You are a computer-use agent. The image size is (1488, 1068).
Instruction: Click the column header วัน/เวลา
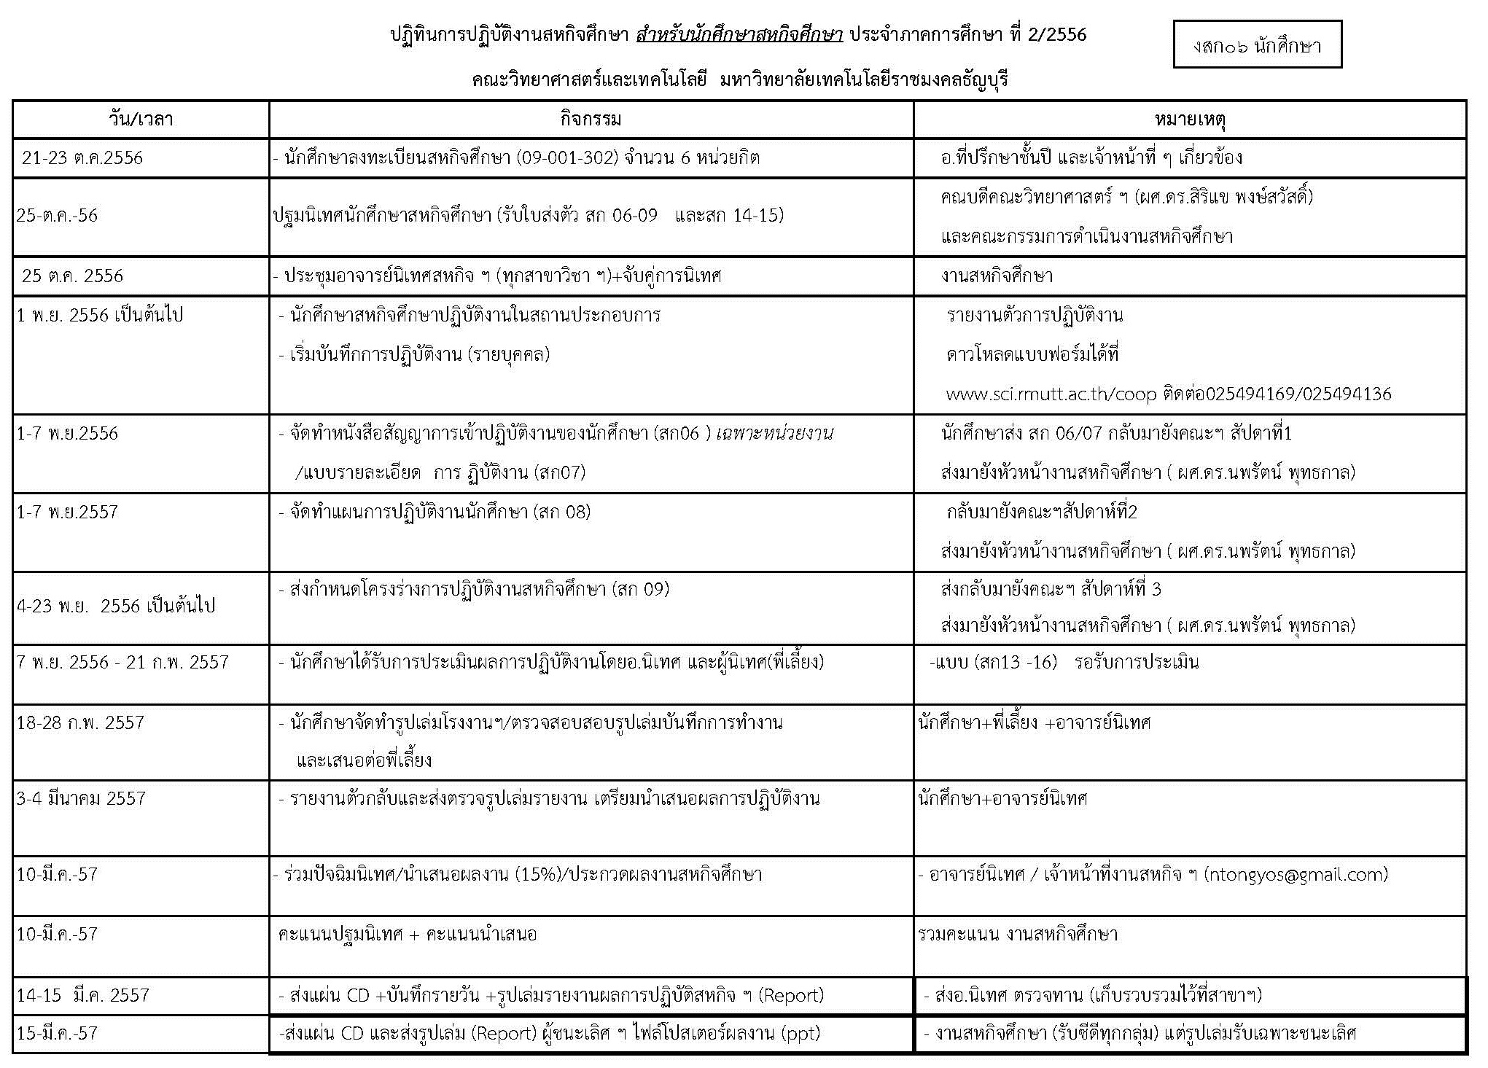(141, 119)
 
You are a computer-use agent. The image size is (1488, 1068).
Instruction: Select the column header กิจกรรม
(591, 119)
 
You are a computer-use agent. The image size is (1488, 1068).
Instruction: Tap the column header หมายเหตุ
(1190, 119)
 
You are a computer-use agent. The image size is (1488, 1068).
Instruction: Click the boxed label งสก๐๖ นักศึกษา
(1257, 45)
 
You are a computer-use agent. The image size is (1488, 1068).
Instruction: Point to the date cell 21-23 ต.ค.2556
(82, 158)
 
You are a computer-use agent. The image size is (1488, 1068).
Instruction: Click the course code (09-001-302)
(566, 158)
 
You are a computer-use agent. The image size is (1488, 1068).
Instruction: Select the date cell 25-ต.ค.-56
(57, 216)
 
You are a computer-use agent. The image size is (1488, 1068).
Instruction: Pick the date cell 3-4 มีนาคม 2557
(81, 798)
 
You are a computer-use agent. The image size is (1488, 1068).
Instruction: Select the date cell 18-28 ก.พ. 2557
(80, 723)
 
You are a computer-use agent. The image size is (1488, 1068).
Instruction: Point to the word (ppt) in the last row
(801, 1033)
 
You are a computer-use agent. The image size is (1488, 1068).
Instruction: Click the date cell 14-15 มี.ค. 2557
(82, 995)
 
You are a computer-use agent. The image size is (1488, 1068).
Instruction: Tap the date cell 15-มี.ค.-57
(57, 1033)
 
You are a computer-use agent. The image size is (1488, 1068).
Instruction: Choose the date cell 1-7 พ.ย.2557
(67, 512)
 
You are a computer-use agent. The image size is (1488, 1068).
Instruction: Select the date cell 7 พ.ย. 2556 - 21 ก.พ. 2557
(122, 662)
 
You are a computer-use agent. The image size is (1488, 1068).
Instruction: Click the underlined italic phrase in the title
(739, 35)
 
